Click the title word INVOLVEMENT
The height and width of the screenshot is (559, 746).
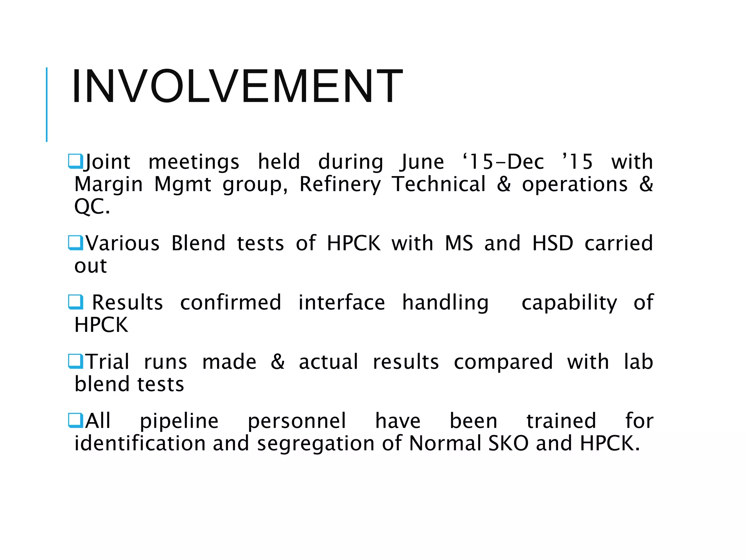tap(237, 87)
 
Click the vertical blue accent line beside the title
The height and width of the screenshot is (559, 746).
tap(47, 104)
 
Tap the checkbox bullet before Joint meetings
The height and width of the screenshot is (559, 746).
tap(75, 161)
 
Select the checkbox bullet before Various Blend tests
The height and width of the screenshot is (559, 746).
tap(75, 243)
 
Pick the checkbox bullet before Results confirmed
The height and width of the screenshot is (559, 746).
tap(75, 302)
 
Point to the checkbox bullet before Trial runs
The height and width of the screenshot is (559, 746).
tap(75, 361)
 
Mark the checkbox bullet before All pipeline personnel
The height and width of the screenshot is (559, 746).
tap(75, 421)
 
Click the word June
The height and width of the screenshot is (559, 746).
tap(423, 162)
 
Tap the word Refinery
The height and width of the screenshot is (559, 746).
tap(340, 185)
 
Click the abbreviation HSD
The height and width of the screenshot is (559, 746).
tap(553, 243)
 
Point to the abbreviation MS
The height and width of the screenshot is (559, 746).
tap(459, 243)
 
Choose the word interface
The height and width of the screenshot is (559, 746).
tap(341, 303)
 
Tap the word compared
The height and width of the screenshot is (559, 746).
tap(503, 362)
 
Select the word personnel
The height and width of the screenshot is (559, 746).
tap(297, 421)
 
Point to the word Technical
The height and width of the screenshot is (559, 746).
tap(439, 184)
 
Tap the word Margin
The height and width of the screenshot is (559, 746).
tap(109, 185)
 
